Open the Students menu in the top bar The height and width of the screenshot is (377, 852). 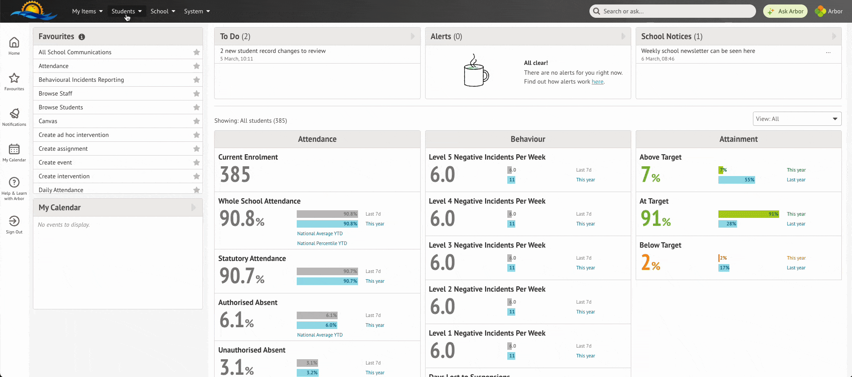(x=126, y=11)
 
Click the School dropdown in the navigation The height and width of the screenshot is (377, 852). (x=163, y=11)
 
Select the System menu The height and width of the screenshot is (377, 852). (x=197, y=11)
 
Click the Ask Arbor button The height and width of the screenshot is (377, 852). (x=785, y=11)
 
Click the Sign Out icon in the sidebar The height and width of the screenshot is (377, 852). (x=14, y=221)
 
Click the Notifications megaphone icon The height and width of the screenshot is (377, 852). (x=14, y=114)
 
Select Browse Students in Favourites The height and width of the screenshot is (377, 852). (x=61, y=107)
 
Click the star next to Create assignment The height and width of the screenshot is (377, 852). (x=196, y=148)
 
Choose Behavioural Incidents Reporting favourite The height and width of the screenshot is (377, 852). (x=81, y=80)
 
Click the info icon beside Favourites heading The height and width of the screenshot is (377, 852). (x=82, y=37)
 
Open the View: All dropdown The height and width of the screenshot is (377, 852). (x=797, y=119)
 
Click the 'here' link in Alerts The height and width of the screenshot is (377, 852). (x=597, y=81)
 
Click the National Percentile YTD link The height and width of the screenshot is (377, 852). (x=322, y=243)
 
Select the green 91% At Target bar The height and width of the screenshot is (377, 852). (x=748, y=214)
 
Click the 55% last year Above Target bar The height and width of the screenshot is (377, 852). (x=737, y=180)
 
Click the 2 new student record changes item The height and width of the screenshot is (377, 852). (x=273, y=51)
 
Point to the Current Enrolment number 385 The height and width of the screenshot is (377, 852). (x=235, y=174)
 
